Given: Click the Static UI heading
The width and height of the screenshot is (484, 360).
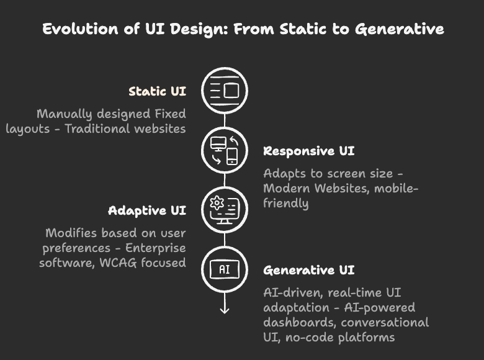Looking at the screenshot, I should [157, 91].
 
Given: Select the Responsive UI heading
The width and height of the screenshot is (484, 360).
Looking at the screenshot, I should [308, 151].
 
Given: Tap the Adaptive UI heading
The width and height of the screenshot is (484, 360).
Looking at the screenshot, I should [146, 210].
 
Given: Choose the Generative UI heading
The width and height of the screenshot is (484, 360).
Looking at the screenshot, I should [308, 270].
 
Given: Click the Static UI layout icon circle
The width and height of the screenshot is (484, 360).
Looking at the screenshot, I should [225, 91].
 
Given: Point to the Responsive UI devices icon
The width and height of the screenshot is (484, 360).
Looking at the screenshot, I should [225, 151].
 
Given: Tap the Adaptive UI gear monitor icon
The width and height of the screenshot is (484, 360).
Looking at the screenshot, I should [225, 210].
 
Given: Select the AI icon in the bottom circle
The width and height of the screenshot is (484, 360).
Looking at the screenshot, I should [225, 269].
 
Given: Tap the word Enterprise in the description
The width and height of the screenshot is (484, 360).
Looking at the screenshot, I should [155, 248].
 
